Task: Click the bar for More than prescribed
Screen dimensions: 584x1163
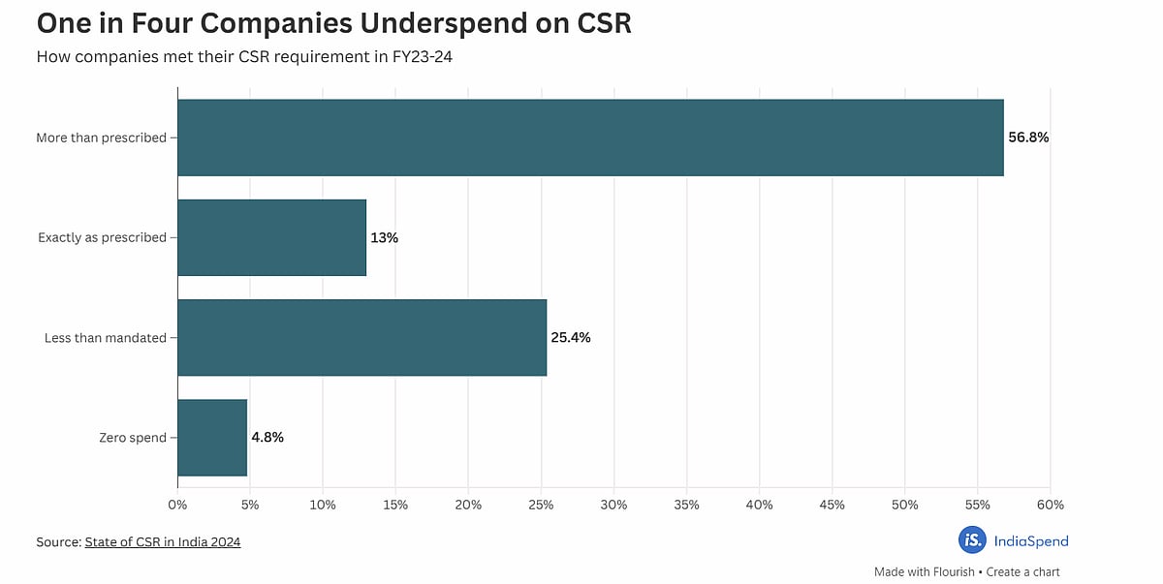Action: click(590, 138)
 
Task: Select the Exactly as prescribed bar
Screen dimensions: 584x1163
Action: click(271, 237)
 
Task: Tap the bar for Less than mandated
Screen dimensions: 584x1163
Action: click(361, 337)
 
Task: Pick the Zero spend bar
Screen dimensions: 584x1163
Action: click(212, 438)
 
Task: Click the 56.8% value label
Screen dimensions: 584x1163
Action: click(1028, 138)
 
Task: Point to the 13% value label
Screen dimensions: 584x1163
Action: click(384, 237)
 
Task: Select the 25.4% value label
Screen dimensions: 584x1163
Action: click(570, 338)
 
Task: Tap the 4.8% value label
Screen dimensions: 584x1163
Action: click(267, 438)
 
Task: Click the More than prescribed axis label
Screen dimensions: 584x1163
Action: click(101, 138)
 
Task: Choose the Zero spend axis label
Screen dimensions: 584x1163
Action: click(133, 438)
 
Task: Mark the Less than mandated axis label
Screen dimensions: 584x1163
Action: click(106, 338)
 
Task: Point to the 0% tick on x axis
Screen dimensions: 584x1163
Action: click(177, 505)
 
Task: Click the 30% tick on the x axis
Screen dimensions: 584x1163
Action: click(613, 505)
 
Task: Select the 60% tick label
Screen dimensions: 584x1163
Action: click(1050, 505)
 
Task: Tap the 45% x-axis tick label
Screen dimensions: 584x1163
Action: click(832, 505)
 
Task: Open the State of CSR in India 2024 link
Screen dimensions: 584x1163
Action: click(162, 542)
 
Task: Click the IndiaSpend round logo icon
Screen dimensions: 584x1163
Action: click(972, 540)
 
